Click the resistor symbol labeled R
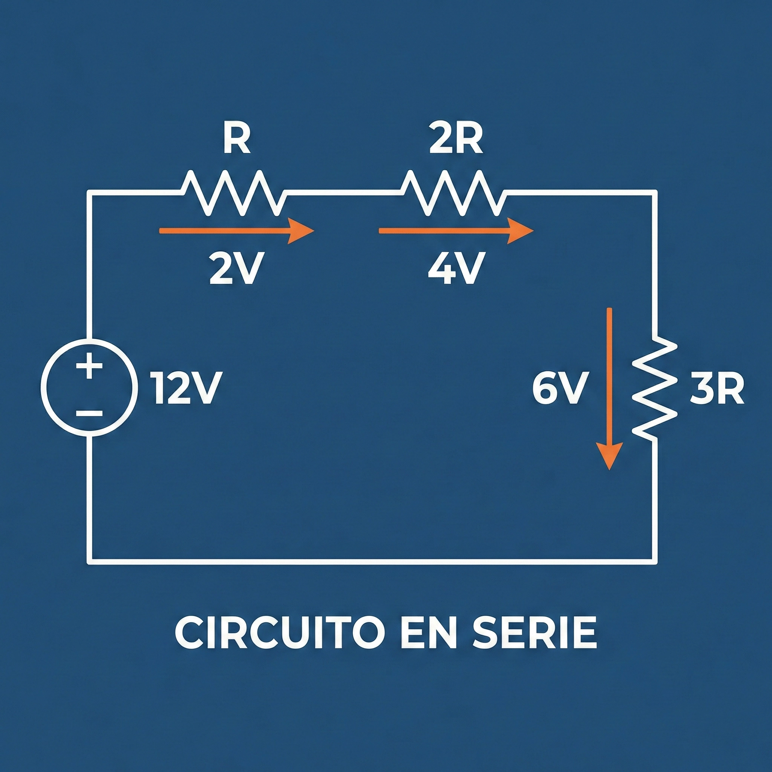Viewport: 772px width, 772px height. click(234, 193)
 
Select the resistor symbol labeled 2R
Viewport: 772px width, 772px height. click(453, 193)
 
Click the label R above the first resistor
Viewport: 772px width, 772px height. click(237, 140)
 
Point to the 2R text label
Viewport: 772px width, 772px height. click(456, 140)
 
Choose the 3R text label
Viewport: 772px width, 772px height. click(717, 391)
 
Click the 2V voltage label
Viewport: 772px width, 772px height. click(237, 268)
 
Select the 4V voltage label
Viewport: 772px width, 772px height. click(456, 268)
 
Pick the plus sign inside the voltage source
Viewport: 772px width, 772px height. click(89, 366)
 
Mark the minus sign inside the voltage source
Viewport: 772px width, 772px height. click(89, 414)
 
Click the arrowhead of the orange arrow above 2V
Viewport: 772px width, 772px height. click(302, 231)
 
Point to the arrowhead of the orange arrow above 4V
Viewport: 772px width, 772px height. click(521, 231)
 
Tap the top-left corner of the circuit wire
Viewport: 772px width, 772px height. click(89, 193)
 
